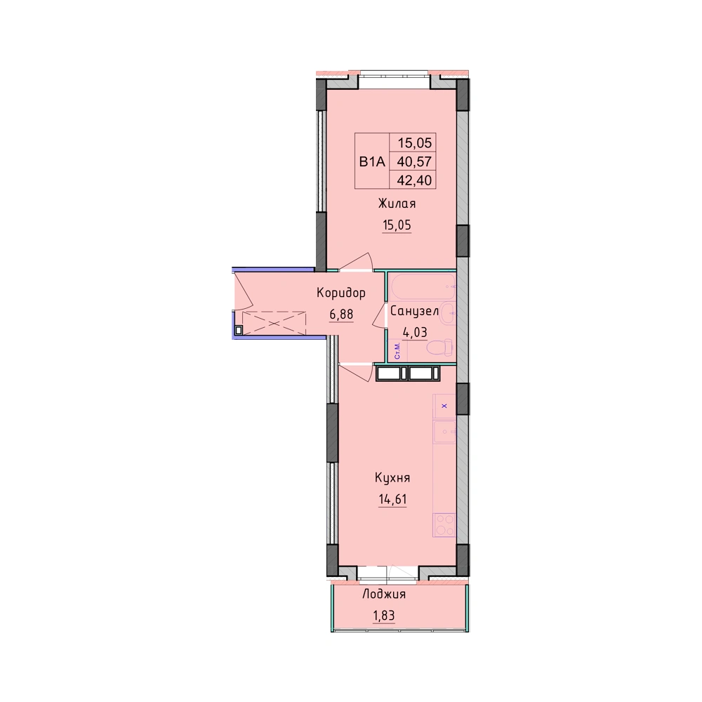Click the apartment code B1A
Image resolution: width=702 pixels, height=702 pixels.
pyautogui.click(x=372, y=161)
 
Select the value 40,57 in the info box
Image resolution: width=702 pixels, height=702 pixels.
pyautogui.click(x=415, y=161)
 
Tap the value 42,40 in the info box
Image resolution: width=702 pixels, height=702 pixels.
pyautogui.click(x=415, y=180)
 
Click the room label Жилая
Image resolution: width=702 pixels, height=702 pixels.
pyautogui.click(x=397, y=204)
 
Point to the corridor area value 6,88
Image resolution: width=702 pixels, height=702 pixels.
pyautogui.click(x=342, y=314)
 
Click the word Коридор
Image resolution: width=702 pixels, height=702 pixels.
pyautogui.click(x=341, y=293)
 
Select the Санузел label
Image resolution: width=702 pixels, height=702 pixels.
pyautogui.click(x=414, y=311)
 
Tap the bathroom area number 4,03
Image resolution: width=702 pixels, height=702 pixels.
pyautogui.click(x=415, y=333)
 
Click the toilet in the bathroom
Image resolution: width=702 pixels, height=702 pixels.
pyautogui.click(x=439, y=348)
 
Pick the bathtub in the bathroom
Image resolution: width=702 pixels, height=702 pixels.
pyautogui.click(x=422, y=286)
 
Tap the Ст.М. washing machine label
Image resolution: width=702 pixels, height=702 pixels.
pyautogui.click(x=397, y=350)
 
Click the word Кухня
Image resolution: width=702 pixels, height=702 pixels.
pyautogui.click(x=392, y=477)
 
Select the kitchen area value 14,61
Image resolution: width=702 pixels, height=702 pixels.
pyautogui.click(x=392, y=498)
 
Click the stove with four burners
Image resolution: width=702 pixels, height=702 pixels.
pyautogui.click(x=444, y=525)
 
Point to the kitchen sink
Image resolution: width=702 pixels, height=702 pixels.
pyautogui.click(x=444, y=432)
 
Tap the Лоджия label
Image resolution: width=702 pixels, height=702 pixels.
pyautogui.click(x=384, y=594)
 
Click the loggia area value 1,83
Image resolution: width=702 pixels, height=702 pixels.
pyautogui.click(x=384, y=616)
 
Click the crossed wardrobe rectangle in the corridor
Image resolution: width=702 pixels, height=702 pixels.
pyautogui.click(x=274, y=323)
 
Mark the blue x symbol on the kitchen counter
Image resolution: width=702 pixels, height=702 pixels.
pyautogui.click(x=444, y=406)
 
